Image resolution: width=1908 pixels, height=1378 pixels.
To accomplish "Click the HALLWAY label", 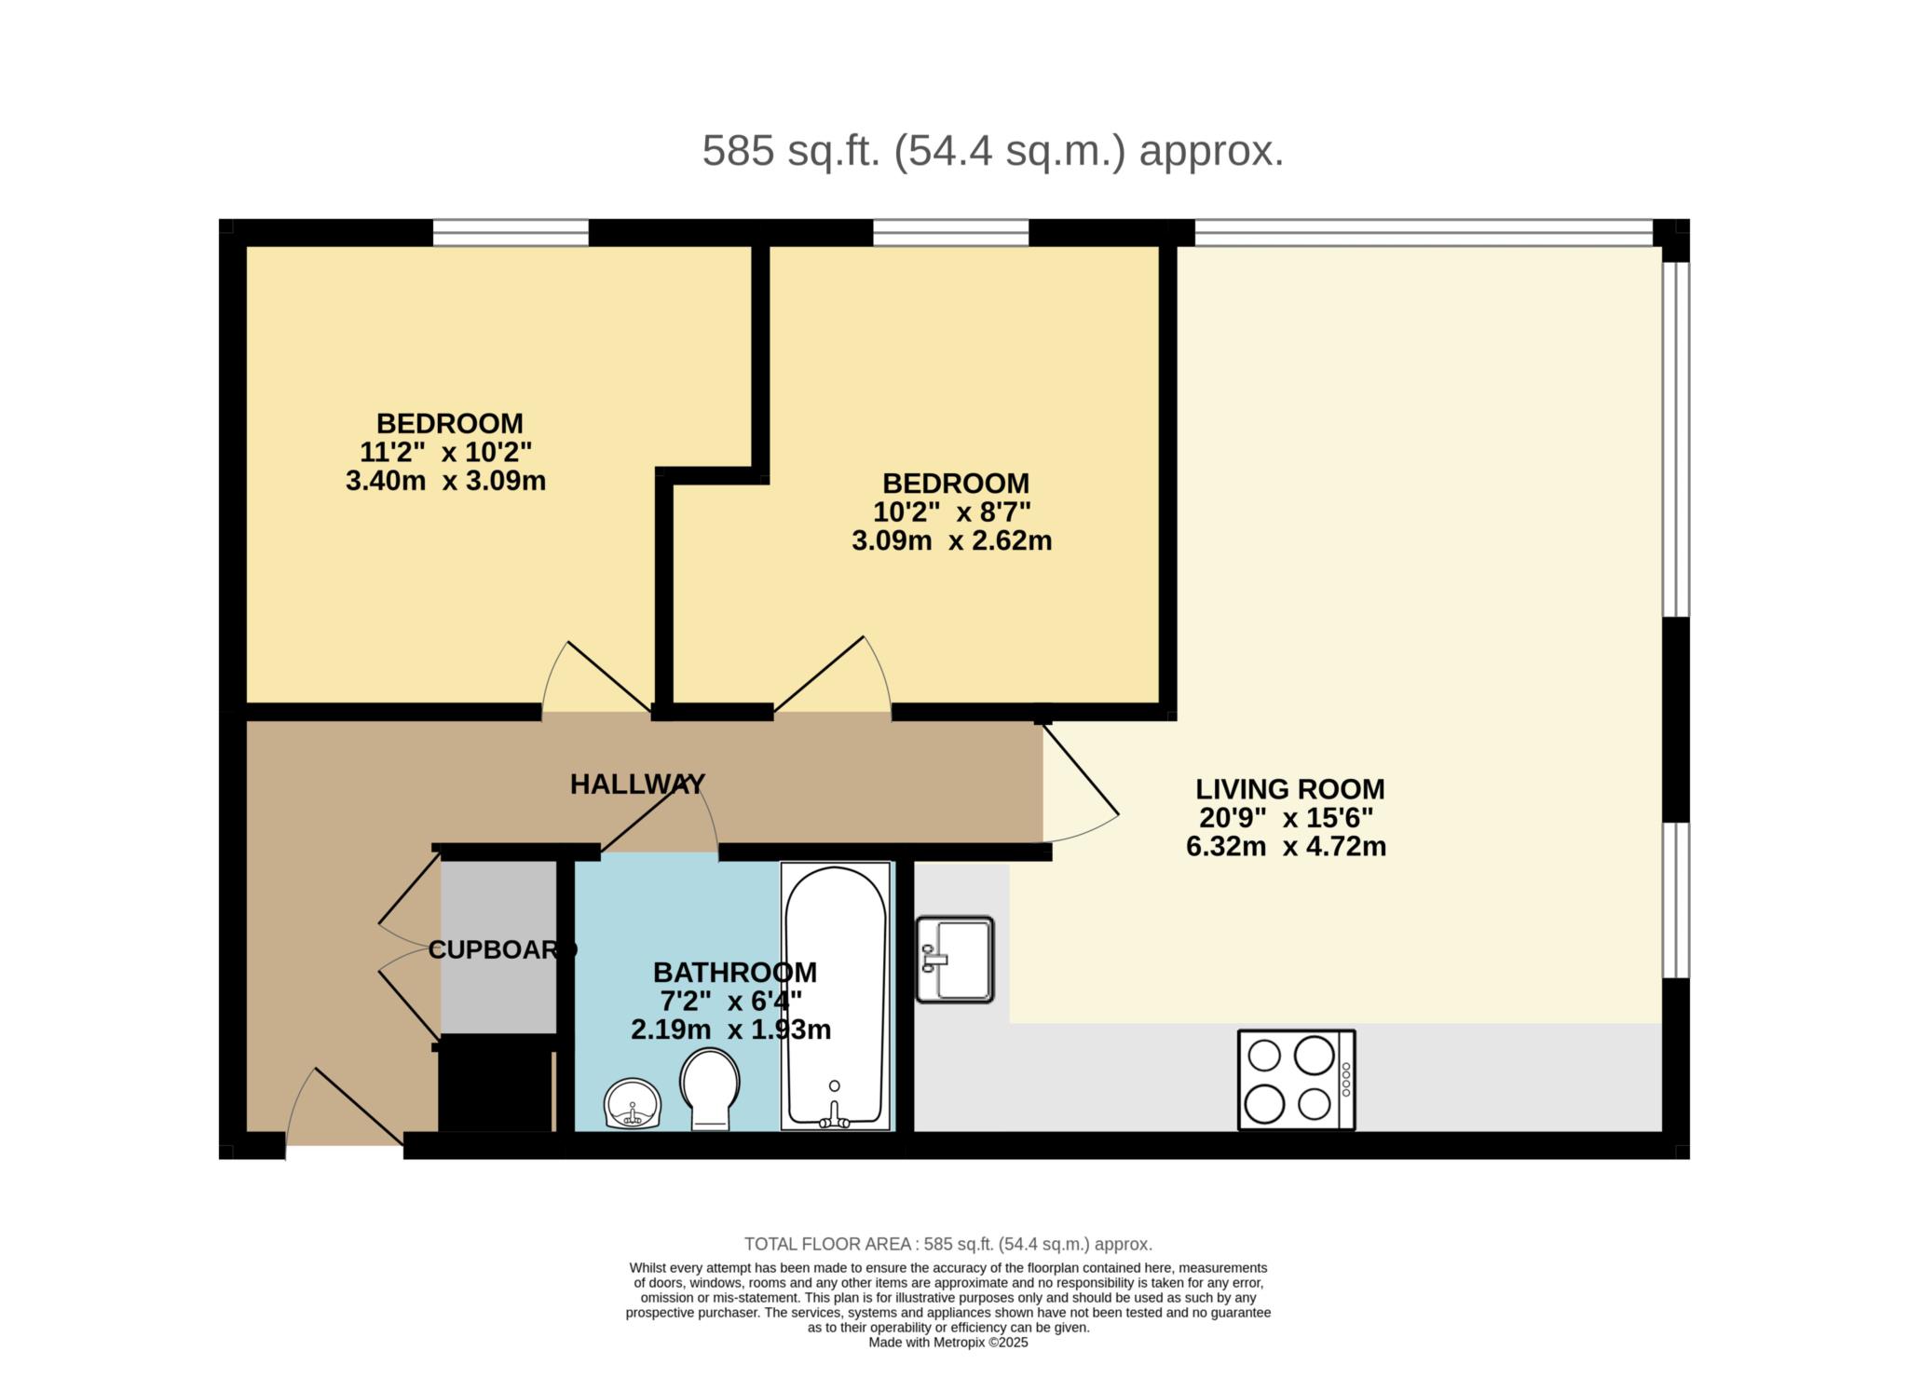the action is tap(637, 785).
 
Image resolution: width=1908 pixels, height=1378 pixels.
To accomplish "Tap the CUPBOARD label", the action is tap(503, 949).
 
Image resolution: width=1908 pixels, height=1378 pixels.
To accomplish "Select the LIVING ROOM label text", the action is tap(1290, 789).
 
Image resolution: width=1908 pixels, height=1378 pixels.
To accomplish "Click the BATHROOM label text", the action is tap(735, 973).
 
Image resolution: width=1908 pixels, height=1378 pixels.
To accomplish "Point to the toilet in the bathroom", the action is tap(710, 1089).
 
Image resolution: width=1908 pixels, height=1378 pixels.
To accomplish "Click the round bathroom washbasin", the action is tap(634, 1104).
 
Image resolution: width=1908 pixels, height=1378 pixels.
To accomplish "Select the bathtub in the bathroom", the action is tap(836, 996).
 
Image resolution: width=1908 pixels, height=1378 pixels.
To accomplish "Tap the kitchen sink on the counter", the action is tap(955, 960).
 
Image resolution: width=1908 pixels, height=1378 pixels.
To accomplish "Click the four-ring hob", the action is tap(1296, 1080).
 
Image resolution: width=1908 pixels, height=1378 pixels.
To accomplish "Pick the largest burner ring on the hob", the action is tap(1314, 1056).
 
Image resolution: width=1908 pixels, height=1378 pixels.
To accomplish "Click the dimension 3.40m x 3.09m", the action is tap(445, 482).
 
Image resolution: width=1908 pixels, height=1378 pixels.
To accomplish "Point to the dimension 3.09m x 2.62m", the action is tap(952, 541).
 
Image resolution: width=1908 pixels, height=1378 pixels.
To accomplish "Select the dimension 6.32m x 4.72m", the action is tap(1287, 848).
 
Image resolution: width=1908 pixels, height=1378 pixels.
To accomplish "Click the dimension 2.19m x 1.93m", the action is tap(731, 1030).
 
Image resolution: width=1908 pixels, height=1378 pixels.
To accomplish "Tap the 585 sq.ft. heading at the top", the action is tap(993, 151).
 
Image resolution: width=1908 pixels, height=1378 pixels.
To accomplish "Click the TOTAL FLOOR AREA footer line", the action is tap(948, 1244).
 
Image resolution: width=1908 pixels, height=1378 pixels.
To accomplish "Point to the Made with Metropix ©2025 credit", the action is tap(948, 1343).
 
